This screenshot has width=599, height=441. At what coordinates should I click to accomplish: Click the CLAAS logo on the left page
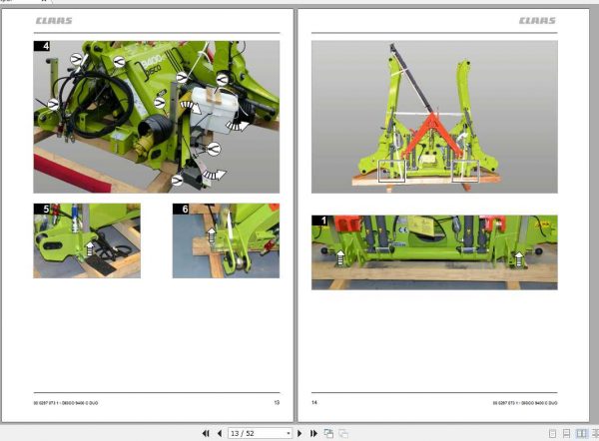(x=54, y=20)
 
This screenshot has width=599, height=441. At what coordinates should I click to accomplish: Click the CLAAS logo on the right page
(x=537, y=20)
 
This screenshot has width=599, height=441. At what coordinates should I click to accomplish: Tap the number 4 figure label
(x=42, y=47)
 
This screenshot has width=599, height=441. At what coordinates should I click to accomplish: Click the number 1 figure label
(x=319, y=220)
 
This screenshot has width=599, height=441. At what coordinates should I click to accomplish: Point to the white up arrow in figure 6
(x=211, y=236)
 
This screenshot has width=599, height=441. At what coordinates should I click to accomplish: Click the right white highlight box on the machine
(x=465, y=173)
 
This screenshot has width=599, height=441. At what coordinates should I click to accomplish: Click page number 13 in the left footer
(x=277, y=402)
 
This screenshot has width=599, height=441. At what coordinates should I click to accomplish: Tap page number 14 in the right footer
(x=315, y=402)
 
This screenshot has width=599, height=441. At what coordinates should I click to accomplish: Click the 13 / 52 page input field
(x=258, y=433)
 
